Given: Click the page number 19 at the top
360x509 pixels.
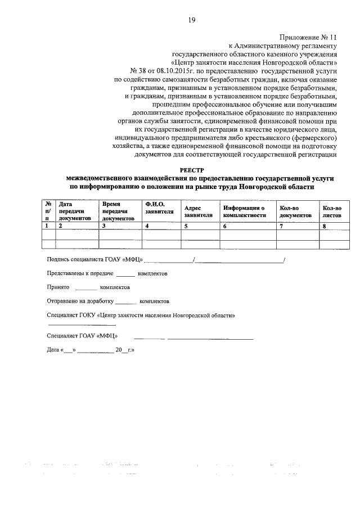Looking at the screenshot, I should (192, 21).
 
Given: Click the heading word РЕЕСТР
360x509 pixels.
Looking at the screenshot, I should (192, 169).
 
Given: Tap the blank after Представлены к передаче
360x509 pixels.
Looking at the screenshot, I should (126, 274).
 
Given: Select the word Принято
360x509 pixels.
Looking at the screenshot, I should (58, 287).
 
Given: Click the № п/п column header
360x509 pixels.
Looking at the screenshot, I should (48, 211).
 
